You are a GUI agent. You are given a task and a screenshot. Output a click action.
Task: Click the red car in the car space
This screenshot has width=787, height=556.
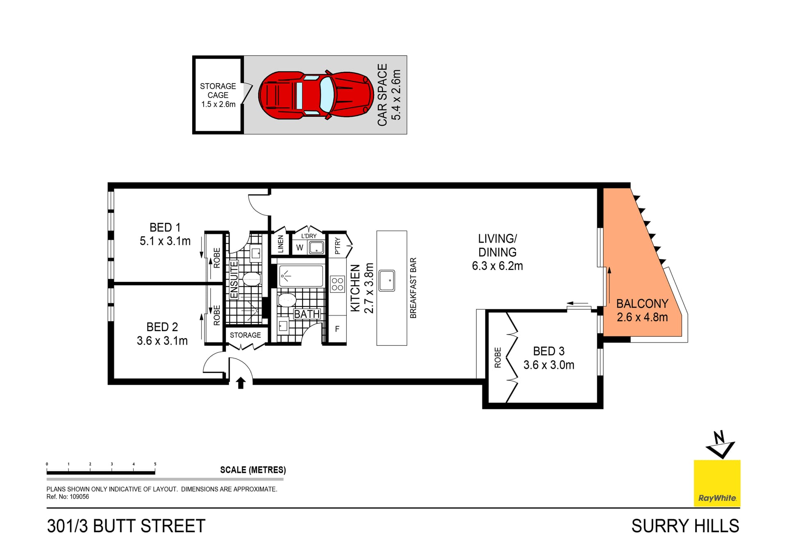[316, 95]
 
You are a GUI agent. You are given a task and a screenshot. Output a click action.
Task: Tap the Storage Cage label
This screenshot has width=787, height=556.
[218, 95]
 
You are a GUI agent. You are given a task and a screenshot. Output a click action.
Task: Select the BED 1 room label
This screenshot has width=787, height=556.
[165, 227]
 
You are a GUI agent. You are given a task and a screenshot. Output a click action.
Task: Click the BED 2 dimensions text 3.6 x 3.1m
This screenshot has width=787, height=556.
[162, 341]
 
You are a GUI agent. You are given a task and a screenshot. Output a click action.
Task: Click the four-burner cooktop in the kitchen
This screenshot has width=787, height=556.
[337, 284]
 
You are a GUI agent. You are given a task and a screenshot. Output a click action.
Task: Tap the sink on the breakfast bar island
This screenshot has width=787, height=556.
[387, 281]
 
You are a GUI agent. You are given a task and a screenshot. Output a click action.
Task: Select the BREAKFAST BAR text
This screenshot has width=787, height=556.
[413, 288]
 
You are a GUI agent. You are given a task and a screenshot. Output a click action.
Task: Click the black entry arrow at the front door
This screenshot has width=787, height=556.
[241, 383]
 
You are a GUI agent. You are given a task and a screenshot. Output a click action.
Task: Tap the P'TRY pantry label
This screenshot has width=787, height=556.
[337, 246]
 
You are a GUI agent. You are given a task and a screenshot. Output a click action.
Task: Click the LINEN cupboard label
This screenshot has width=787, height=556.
[281, 244]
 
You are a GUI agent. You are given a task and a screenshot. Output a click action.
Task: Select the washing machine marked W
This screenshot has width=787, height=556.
[300, 248]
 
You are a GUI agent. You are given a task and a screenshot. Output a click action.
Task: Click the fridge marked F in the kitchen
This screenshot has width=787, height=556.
[337, 329]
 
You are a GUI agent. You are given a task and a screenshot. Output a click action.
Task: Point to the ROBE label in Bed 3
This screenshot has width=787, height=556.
[498, 357]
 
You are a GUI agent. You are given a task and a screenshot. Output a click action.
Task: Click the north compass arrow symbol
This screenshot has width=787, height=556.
[720, 445]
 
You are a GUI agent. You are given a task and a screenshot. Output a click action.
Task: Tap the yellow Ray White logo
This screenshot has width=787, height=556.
[717, 483]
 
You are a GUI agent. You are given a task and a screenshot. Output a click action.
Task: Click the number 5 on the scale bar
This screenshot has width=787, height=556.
[155, 464]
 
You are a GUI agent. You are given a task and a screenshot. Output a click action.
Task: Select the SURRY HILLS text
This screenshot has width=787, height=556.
[685, 526]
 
